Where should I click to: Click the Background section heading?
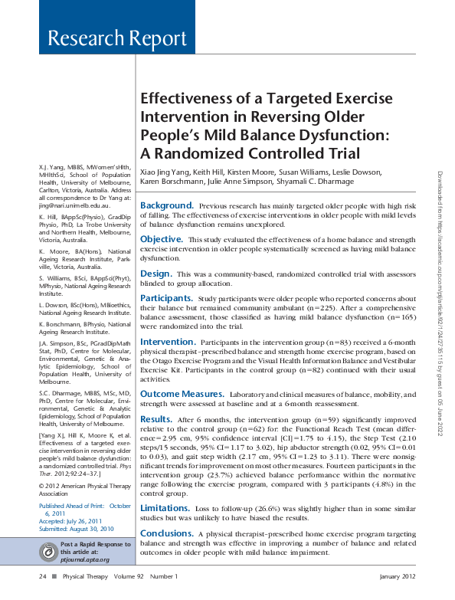[166, 206]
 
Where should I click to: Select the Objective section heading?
[161, 240]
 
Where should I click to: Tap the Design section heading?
[156, 274]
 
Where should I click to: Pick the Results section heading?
[156, 420]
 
